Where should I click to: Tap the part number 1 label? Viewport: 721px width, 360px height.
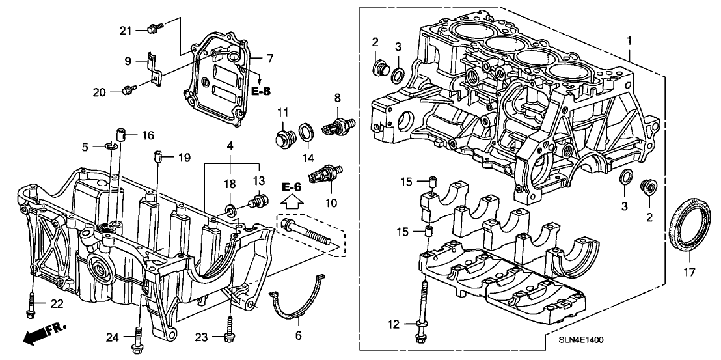click(x=629, y=41)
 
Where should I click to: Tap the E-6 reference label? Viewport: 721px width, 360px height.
click(x=292, y=187)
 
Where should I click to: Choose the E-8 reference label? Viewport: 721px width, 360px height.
click(x=260, y=91)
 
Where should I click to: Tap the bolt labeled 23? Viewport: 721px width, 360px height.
click(x=229, y=329)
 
